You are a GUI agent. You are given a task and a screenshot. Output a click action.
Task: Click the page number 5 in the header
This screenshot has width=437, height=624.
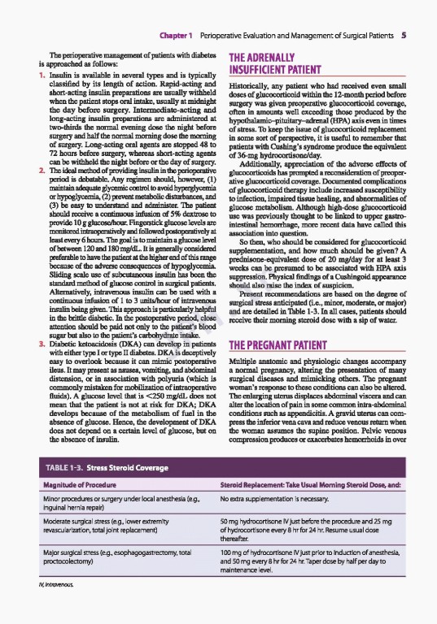pos(415,36)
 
